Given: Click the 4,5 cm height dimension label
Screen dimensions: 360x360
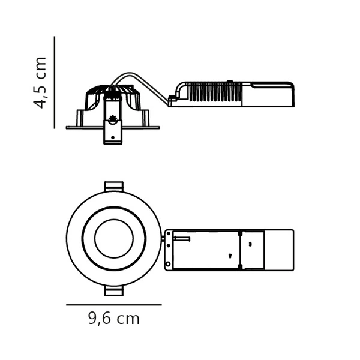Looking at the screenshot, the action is pos(40,83).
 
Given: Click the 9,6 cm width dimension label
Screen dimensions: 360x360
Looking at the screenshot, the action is pos(114,319).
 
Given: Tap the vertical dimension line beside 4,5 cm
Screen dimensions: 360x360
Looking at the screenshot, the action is pos(55,82).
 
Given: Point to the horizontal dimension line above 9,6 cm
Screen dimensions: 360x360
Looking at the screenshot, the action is pos(114,305).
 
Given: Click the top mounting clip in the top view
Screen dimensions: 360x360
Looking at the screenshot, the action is pos(114,186).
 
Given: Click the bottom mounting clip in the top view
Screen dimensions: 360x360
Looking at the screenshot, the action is pos(114,291).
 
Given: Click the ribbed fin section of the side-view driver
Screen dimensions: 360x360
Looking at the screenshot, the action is pos(215,92).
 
